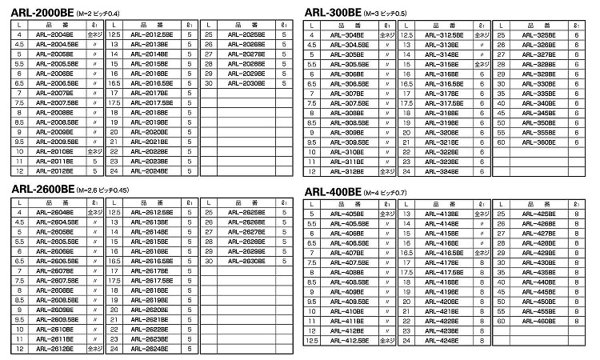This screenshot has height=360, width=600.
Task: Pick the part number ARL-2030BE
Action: tap(242, 82)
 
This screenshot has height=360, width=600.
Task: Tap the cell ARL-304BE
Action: tap(350, 35)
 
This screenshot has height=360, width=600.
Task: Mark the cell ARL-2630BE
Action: tap(242, 260)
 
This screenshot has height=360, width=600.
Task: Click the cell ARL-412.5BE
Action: tap(350, 342)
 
